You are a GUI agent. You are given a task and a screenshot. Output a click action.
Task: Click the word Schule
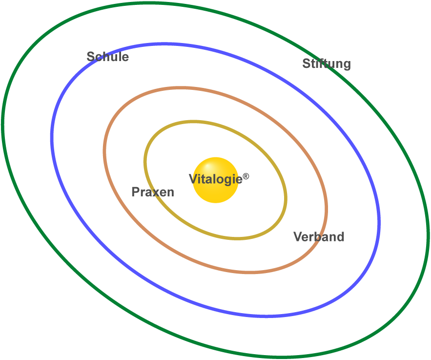pyautogui.click(x=107, y=57)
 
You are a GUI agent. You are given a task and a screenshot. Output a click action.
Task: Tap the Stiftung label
pyautogui.click(x=326, y=64)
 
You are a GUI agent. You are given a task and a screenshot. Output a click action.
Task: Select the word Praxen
pyautogui.click(x=153, y=192)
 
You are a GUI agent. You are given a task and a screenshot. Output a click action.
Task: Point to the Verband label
pyautogui.click(x=319, y=237)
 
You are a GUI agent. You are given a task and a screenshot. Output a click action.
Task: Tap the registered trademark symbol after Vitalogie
pyautogui.click(x=246, y=176)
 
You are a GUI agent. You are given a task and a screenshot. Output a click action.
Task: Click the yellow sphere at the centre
pyautogui.click(x=215, y=193)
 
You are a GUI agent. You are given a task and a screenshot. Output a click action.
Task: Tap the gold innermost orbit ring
pyautogui.click(x=144, y=161)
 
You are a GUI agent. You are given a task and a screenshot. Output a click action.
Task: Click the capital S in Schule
pyautogui.click(x=91, y=57)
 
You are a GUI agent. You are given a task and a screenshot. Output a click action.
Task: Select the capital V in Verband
pyautogui.click(x=297, y=237)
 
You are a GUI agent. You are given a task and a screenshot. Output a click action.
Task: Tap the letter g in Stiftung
pyautogui.click(x=346, y=65)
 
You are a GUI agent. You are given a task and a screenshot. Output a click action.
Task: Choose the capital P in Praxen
pyautogui.click(x=136, y=192)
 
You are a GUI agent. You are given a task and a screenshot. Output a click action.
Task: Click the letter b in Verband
pyautogui.click(x=320, y=237)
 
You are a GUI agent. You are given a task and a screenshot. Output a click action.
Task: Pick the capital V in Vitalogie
pyautogui.click(x=193, y=179)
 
